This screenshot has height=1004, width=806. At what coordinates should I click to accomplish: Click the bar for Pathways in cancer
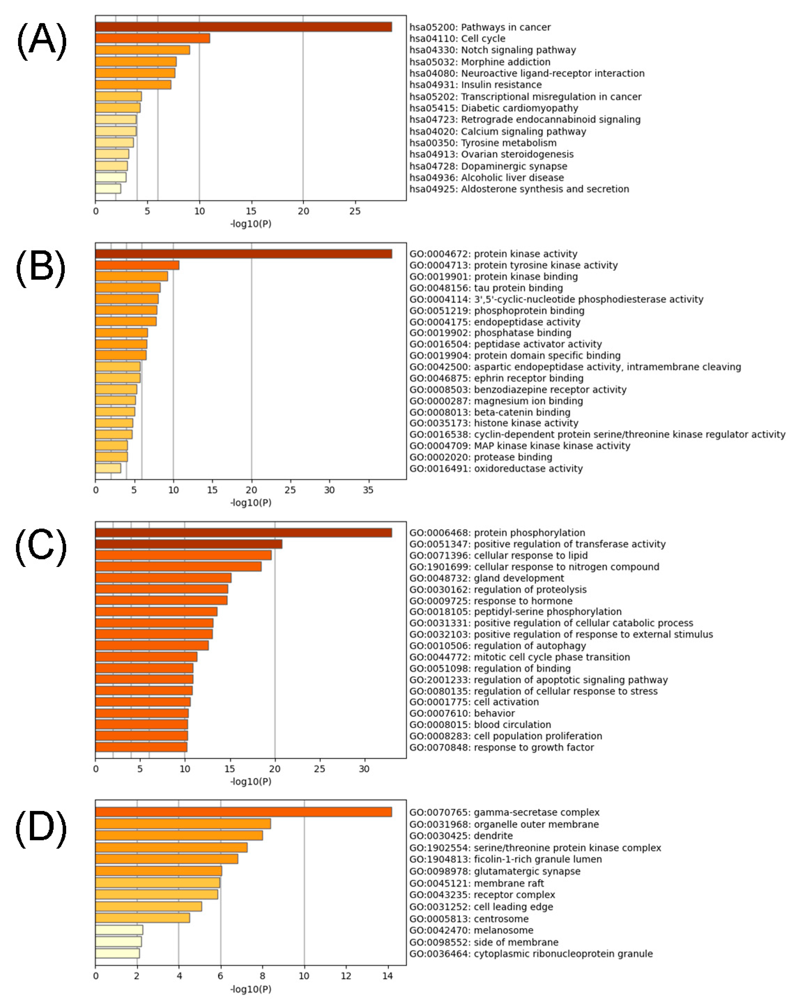pyautogui.click(x=243, y=27)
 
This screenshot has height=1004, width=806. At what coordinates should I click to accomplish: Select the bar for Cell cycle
pyautogui.click(x=152, y=38)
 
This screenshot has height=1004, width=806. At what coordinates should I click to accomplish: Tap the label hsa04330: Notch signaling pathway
pyautogui.click(x=493, y=50)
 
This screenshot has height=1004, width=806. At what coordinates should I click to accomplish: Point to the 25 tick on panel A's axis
pyautogui.click(x=355, y=211)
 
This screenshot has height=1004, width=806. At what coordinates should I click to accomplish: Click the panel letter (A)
pyautogui.click(x=41, y=41)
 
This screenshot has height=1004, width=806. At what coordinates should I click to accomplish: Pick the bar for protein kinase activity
pyautogui.click(x=243, y=254)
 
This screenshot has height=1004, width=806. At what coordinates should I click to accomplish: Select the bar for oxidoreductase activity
pyautogui.click(x=108, y=468)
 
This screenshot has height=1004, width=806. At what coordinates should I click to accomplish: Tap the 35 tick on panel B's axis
pyautogui.click(x=368, y=490)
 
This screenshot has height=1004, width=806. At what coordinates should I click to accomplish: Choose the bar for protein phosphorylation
pyautogui.click(x=243, y=533)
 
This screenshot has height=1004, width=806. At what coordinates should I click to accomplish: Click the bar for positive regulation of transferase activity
pyautogui.click(x=189, y=544)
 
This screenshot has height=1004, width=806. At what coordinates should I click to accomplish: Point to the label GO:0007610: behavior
pyautogui.click(x=462, y=713)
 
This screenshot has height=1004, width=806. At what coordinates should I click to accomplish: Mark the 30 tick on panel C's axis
pyautogui.click(x=364, y=769)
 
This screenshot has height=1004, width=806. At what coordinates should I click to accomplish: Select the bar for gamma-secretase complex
pyautogui.click(x=243, y=812)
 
